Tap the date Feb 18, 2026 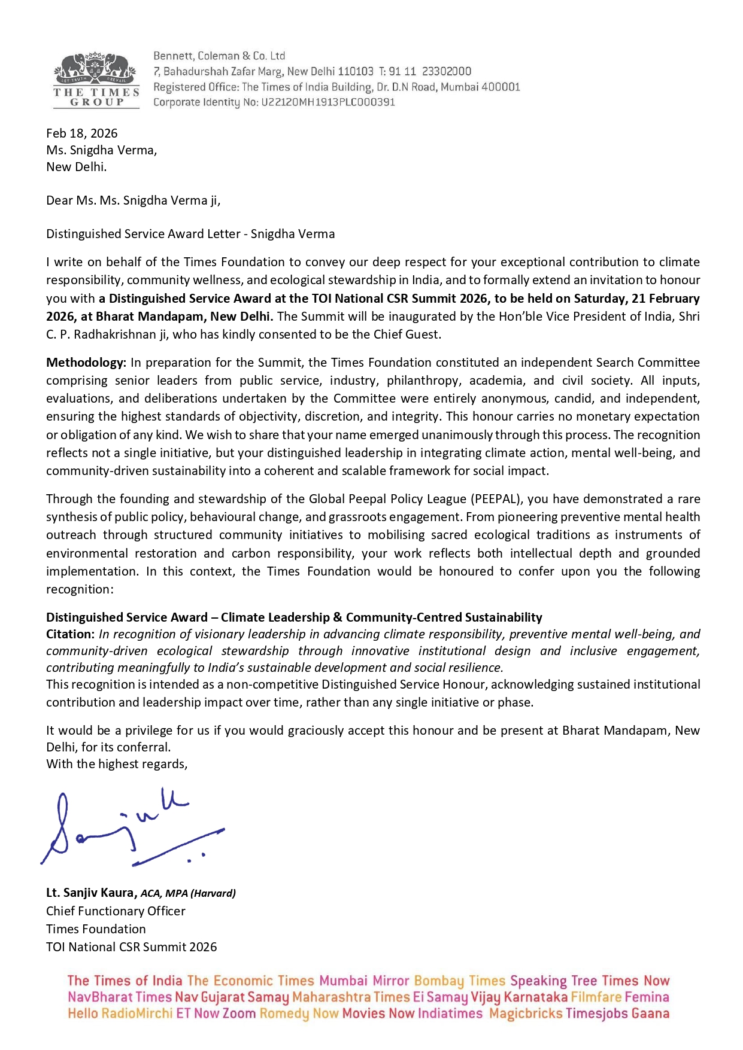(x=82, y=133)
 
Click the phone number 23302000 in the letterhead (x=447, y=71)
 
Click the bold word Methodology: (x=86, y=363)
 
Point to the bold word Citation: (x=70, y=634)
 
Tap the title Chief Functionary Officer (x=116, y=911)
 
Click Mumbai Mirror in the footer (x=363, y=981)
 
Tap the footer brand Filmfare (x=596, y=997)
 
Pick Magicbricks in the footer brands (x=525, y=1014)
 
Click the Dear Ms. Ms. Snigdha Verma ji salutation (x=133, y=200)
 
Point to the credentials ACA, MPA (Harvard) (x=188, y=893)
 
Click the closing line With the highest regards (x=117, y=764)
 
